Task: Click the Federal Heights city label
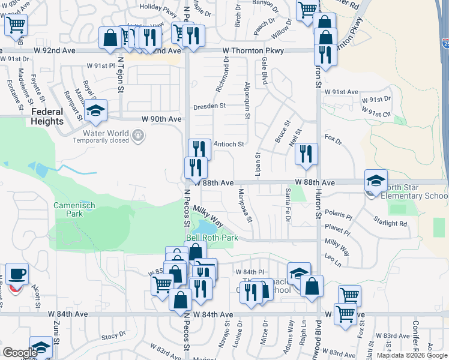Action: click(47, 116)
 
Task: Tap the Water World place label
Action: click(101, 133)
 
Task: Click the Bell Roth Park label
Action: click(212, 238)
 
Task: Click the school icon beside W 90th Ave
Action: click(95, 111)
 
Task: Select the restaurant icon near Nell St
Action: click(306, 154)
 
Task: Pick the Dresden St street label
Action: click(209, 106)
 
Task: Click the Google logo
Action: click(20, 352)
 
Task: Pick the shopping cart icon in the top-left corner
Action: click(16, 26)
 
